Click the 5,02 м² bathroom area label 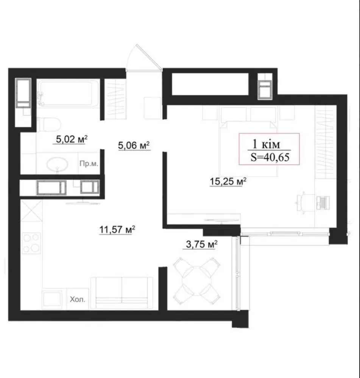pos(72,139)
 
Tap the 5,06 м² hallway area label pos(134,145)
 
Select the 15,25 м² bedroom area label pos(228,181)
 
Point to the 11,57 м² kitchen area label pos(117,229)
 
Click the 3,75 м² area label pos(202,244)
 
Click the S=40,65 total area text pos(270,157)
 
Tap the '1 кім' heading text pos(266,144)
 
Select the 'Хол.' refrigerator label pos(77,299)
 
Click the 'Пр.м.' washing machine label pos(89,164)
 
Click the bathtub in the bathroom pos(69,93)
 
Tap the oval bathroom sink pos(57,164)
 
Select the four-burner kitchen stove pos(31,243)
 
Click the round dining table pos(197,281)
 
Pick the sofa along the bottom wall pos(122,292)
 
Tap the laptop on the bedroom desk pos(323,202)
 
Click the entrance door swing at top pos(144,58)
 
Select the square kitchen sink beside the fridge pos(52,300)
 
